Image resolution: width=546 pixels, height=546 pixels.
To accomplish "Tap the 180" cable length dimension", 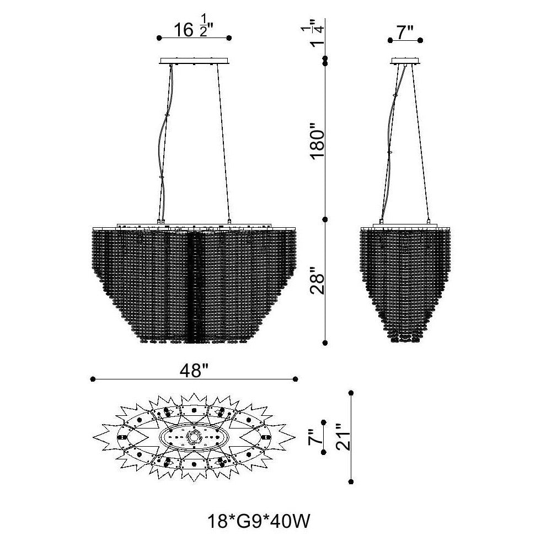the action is pos(318,144).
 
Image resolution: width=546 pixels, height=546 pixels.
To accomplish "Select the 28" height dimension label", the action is pos(318,281).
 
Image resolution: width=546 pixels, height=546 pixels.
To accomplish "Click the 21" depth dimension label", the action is pos(344,437).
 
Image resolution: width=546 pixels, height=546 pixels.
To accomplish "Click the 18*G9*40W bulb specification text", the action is pos(258,521).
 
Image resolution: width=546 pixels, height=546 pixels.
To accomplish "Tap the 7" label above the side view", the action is pos(405,33).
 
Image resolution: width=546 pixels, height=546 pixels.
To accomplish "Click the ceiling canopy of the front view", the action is pos(194,61).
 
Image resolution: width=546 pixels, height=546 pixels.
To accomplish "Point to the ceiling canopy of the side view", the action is pos(405,61).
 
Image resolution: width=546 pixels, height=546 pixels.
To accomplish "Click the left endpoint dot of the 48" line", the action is pos(93,379).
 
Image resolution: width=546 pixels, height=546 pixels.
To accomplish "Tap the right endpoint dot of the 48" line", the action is pos(295,379).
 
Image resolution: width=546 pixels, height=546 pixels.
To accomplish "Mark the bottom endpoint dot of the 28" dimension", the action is pos(325,343).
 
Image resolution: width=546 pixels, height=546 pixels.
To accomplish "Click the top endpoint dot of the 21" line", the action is pos(351,393).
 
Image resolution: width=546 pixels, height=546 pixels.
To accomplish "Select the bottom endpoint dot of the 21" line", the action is pos(351,482).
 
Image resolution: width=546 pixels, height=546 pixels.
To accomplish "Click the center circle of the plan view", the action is pos(193,436).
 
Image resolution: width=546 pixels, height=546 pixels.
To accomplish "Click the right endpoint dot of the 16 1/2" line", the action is pos(229,38).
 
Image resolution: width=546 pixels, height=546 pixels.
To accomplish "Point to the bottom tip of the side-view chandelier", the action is pos(405,341).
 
